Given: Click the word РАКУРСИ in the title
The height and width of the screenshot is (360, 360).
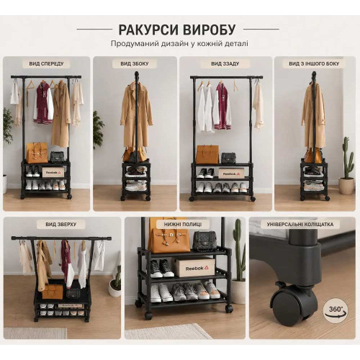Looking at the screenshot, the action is (148, 30).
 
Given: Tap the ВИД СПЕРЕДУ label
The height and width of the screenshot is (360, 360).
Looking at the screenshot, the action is (46, 64).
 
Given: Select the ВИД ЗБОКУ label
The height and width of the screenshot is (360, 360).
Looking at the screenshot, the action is (135, 64).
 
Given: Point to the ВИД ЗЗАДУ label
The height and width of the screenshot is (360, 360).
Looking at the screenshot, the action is (225, 64).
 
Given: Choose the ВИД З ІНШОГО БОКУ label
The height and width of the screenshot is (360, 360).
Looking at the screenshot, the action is (314, 64).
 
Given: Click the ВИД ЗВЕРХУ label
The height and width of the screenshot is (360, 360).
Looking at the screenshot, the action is (61, 225).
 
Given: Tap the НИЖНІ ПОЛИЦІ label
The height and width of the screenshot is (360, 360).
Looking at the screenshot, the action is (183, 225).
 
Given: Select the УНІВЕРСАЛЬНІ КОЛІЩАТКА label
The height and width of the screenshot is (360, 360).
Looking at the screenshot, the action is (300, 225).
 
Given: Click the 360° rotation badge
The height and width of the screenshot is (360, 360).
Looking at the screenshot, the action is (335, 310).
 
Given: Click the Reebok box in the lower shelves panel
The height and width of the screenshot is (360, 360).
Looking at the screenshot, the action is (194, 267).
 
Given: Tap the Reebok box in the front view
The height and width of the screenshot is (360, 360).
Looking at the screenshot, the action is (53, 172).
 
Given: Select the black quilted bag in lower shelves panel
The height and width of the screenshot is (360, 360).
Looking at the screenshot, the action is (204, 241).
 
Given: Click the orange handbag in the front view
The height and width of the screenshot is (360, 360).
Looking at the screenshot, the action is (37, 153).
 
